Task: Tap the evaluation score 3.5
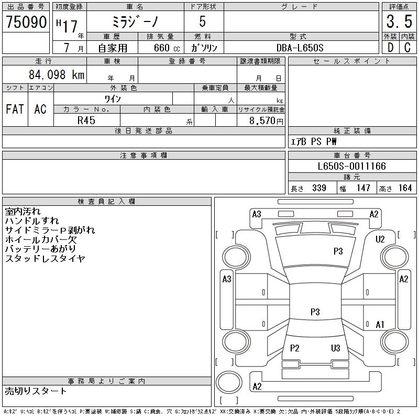click(x=398, y=22)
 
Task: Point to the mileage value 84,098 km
click(x=57, y=75)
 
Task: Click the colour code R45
click(x=86, y=119)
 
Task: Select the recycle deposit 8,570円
click(x=267, y=120)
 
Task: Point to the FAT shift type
click(x=15, y=109)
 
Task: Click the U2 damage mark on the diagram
click(x=380, y=239)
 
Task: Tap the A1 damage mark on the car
click(x=380, y=325)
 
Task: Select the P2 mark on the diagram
click(x=294, y=348)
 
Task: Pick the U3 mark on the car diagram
click(x=335, y=348)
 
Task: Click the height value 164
click(x=405, y=188)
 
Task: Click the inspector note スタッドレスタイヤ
click(x=45, y=259)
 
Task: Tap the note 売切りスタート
click(x=36, y=391)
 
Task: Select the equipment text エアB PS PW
click(x=314, y=142)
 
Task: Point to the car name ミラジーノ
click(x=135, y=22)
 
